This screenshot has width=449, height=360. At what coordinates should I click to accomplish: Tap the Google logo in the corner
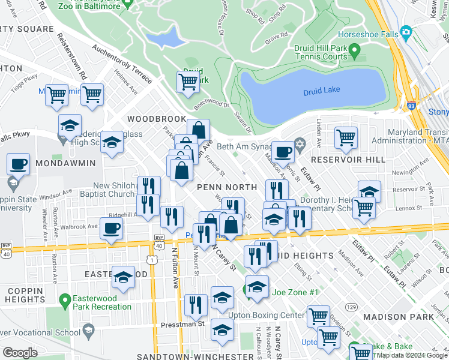click(x=20, y=352)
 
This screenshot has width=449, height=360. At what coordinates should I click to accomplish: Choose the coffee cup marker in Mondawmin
click(x=19, y=164)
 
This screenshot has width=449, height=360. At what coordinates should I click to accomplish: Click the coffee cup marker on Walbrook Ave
click(x=112, y=227)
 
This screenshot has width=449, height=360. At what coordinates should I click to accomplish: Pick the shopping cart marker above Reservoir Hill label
click(x=346, y=137)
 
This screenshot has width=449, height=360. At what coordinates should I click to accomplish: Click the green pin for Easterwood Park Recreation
click(x=65, y=298)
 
